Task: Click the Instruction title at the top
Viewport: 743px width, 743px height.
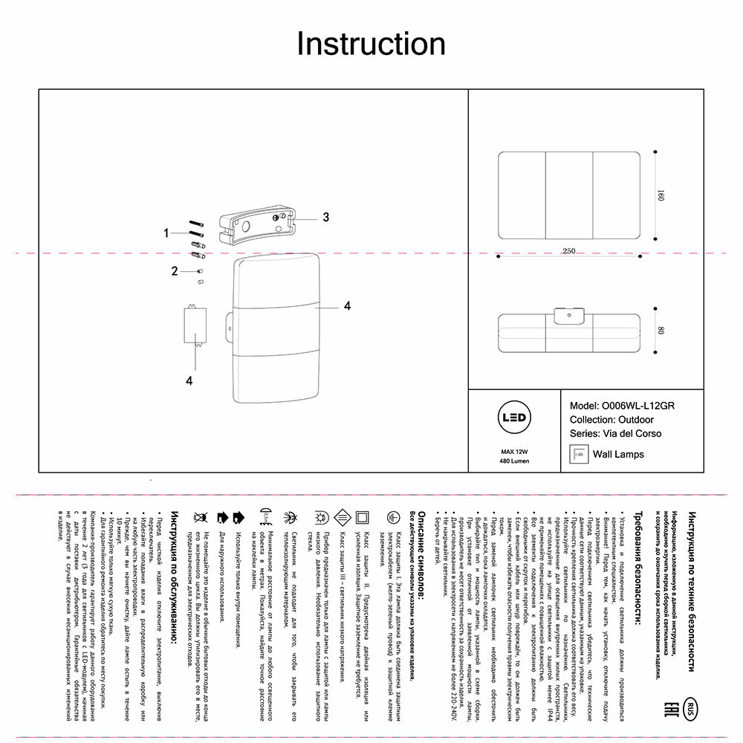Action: pyautogui.click(x=371, y=45)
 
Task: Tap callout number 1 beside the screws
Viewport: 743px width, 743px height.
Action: pyautogui.click(x=167, y=233)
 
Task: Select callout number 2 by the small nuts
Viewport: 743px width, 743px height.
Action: pyautogui.click(x=175, y=271)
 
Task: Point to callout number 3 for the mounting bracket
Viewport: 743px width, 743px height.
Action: pyautogui.click(x=325, y=217)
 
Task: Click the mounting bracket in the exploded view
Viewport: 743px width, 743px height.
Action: pyautogui.click(x=257, y=225)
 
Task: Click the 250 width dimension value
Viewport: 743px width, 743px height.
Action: pyautogui.click(x=568, y=251)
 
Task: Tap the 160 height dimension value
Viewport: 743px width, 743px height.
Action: pyautogui.click(x=659, y=198)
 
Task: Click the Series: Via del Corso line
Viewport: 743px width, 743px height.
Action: pyautogui.click(x=614, y=433)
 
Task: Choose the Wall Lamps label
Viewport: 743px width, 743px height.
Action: pyautogui.click(x=617, y=454)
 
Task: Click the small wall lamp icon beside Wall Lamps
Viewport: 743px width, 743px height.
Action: pyautogui.click(x=579, y=453)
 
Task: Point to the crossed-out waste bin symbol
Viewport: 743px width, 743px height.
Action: pyautogui.click(x=200, y=516)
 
